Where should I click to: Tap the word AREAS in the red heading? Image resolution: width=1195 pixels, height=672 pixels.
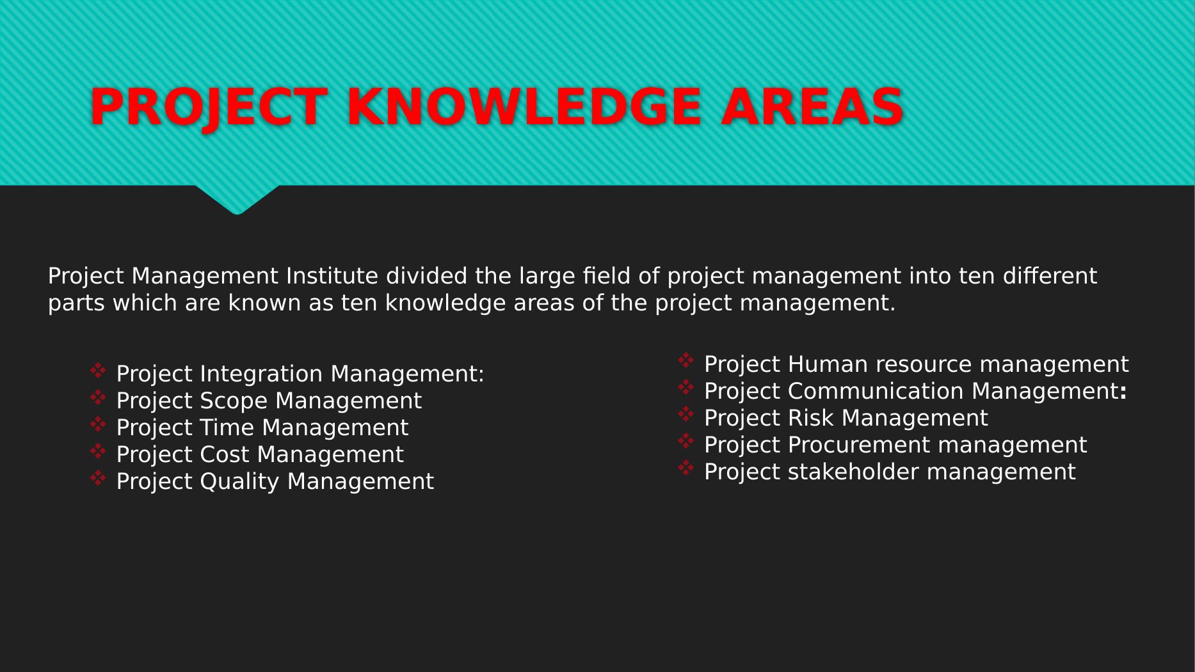(812, 106)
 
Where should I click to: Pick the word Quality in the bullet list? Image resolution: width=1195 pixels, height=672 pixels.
(241, 482)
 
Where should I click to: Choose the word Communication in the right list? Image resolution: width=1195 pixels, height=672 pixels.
(876, 391)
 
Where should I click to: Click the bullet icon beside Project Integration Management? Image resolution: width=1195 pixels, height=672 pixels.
(98, 371)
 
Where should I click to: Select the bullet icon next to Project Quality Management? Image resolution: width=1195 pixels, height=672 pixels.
(98, 478)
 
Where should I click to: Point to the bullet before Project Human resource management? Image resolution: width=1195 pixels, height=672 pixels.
(686, 361)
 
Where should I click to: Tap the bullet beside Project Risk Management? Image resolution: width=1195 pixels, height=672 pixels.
(686, 415)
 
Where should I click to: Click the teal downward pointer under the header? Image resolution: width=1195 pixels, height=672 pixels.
(237, 199)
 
